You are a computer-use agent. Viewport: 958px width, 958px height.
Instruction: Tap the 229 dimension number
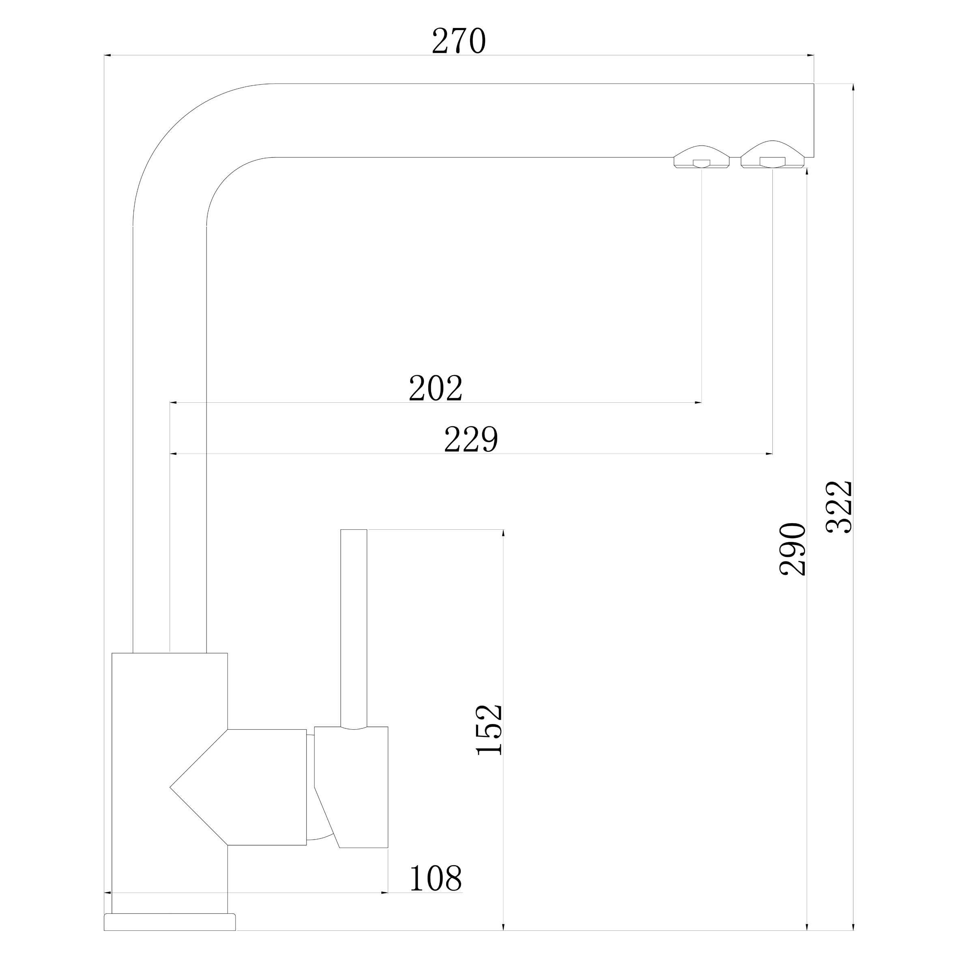470,439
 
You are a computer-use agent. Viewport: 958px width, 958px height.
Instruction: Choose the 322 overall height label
839,507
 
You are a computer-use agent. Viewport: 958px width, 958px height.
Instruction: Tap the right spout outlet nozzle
772,154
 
